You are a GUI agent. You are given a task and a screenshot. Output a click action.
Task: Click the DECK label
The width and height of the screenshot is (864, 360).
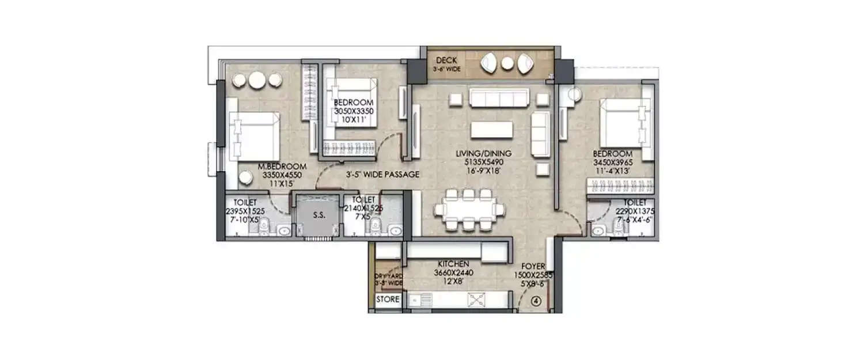(x=446, y=60)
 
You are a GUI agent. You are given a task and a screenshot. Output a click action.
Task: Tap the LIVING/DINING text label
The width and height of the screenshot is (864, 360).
(x=483, y=154)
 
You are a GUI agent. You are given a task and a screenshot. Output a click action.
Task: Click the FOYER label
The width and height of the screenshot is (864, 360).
(x=533, y=267)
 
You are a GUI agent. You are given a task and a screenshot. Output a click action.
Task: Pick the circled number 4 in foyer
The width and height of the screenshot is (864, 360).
(x=536, y=300)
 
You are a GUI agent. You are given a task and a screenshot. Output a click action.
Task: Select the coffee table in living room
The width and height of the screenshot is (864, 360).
(x=491, y=130)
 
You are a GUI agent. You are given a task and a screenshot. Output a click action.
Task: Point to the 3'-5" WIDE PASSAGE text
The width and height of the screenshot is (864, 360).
(x=382, y=174)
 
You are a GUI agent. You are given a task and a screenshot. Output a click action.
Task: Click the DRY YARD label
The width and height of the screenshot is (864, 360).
(x=388, y=279)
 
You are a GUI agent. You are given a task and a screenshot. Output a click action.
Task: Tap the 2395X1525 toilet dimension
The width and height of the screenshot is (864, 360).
(x=245, y=211)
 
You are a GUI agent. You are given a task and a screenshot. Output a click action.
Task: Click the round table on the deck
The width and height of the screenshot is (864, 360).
(x=506, y=63)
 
